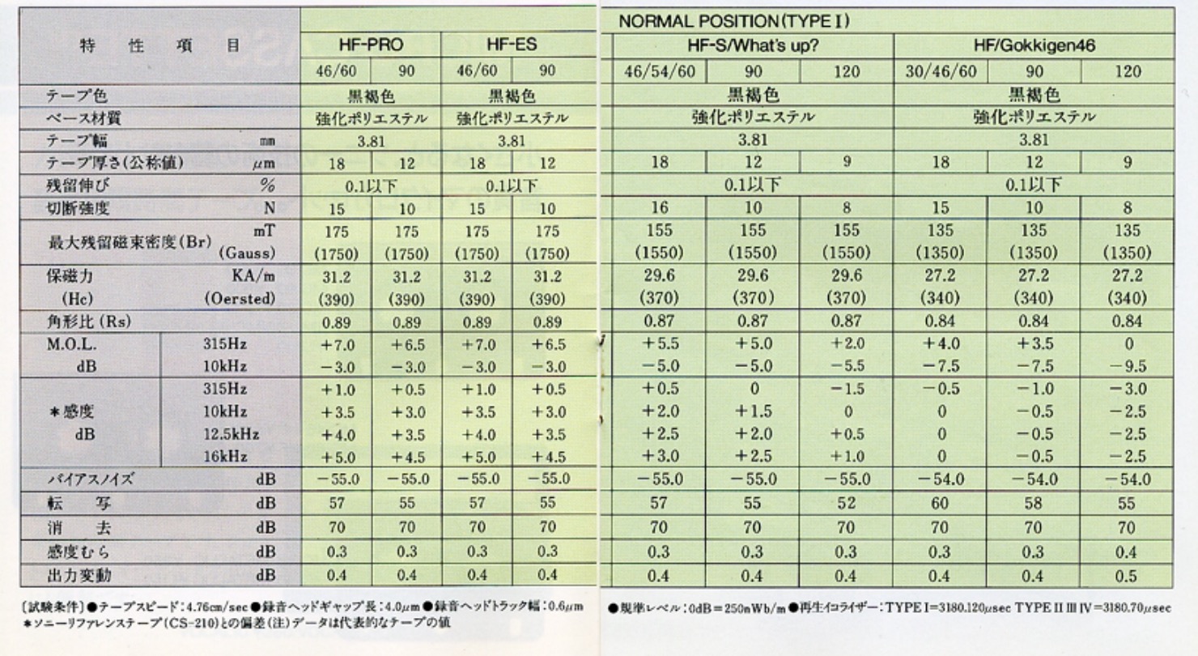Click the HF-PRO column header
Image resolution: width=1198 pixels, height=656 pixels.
tap(369, 47)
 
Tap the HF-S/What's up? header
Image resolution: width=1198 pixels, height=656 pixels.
tap(752, 47)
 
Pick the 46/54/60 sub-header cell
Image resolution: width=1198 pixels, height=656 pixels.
tap(659, 70)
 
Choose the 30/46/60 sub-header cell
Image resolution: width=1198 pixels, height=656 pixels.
tap(940, 70)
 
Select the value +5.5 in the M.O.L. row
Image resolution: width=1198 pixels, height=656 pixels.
tap(659, 343)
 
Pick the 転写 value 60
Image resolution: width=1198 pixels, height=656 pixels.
tap(940, 502)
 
